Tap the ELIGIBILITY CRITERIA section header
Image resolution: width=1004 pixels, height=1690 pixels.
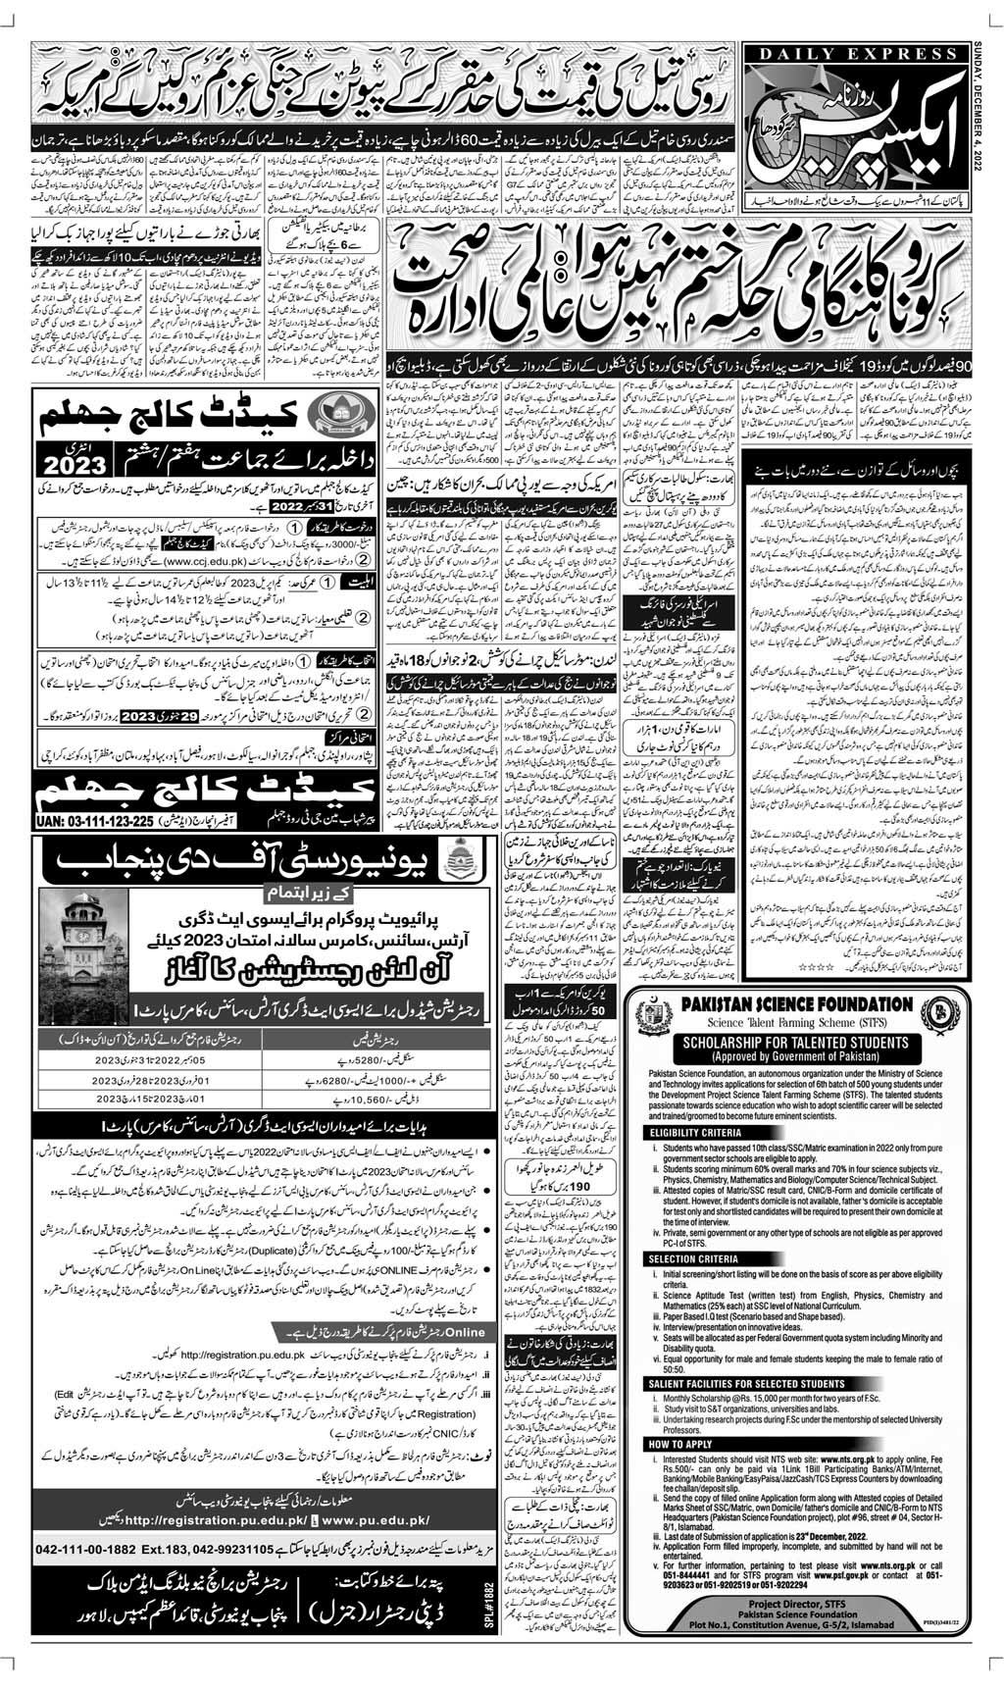pyautogui.click(x=696, y=1130)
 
